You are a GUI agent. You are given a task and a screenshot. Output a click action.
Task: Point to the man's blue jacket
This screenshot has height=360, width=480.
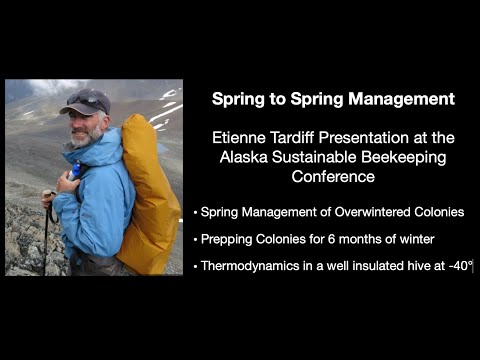[x=95, y=195]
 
